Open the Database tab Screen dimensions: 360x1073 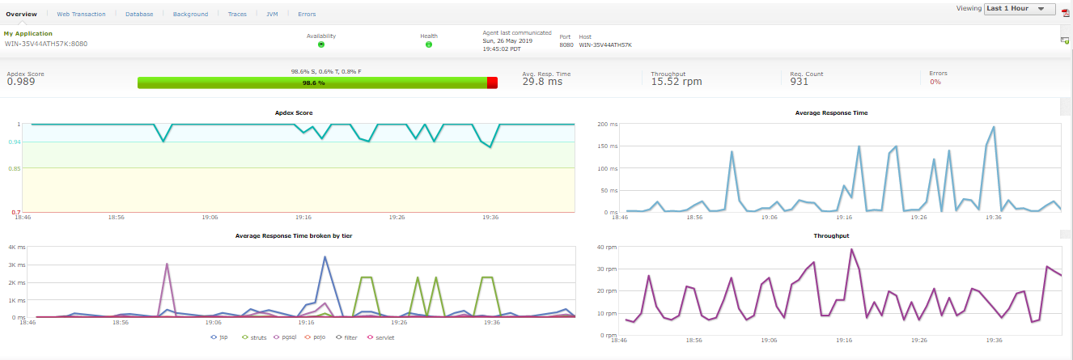tap(139, 14)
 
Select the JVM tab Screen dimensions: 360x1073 tap(272, 14)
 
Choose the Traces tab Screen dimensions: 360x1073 tap(237, 14)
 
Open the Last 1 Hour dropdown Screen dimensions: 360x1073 tap(1020, 9)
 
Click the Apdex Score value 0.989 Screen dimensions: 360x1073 tap(21, 82)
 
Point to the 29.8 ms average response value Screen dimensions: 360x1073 tap(542, 82)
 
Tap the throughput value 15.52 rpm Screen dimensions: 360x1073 tap(676, 82)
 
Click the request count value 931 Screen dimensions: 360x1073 tap(799, 82)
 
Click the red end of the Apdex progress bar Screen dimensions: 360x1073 tap(492, 83)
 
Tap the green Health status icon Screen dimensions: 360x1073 tap(428, 44)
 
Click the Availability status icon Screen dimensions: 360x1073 tap(321, 44)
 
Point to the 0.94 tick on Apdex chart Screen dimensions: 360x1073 tap(14, 142)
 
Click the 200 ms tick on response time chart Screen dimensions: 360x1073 tap(607, 125)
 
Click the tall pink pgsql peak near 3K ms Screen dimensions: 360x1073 tap(167, 265)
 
